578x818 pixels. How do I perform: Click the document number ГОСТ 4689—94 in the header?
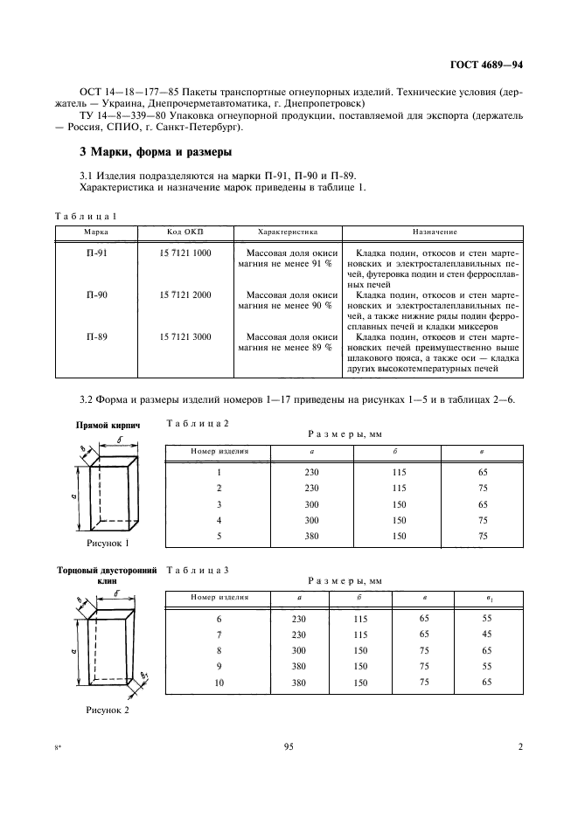[x=485, y=65]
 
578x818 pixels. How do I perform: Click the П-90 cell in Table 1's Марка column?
[x=97, y=295]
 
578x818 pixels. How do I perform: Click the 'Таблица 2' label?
[x=197, y=422]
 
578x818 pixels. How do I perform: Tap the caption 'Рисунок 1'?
[x=108, y=543]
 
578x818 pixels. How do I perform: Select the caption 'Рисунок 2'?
[x=108, y=711]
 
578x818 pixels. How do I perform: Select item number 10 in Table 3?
[x=219, y=682]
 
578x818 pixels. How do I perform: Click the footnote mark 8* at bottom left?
[x=59, y=747]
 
